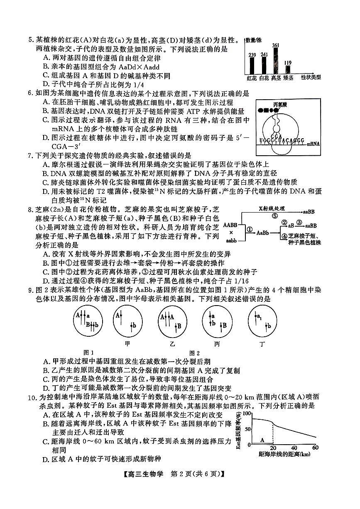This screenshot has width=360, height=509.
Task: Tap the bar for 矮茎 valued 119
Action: coord(288,69)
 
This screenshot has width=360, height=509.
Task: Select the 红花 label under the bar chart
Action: coord(252,78)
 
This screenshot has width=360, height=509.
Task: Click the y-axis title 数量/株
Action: coord(254,40)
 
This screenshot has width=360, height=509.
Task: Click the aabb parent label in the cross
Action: coord(231,240)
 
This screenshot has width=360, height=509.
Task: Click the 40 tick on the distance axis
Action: coord(294,448)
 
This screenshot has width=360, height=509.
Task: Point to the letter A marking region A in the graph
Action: coord(262,438)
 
